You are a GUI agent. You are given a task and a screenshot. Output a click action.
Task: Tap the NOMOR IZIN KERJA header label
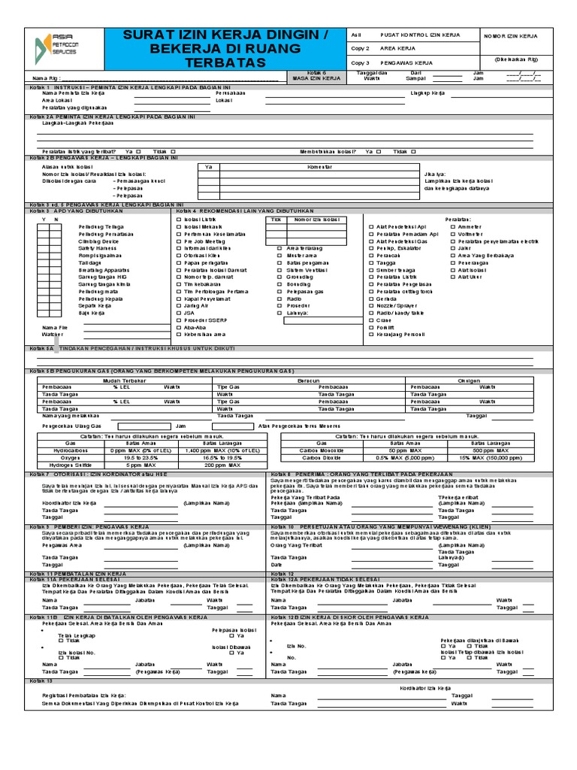click(x=511, y=36)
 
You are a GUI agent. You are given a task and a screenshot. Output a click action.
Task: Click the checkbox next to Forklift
click(x=370, y=326)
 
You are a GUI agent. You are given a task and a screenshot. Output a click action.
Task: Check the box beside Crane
click(x=370, y=320)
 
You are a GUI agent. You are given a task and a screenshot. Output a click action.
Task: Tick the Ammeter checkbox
click(x=452, y=226)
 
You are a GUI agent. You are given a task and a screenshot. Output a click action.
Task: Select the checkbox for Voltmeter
click(x=452, y=233)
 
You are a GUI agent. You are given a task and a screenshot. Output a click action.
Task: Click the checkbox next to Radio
click(x=279, y=298)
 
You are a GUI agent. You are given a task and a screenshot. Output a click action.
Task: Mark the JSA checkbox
click(x=177, y=312)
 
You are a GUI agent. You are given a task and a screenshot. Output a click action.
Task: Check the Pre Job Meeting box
click(x=177, y=240)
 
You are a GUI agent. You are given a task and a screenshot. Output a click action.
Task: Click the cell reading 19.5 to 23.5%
click(x=119, y=456)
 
